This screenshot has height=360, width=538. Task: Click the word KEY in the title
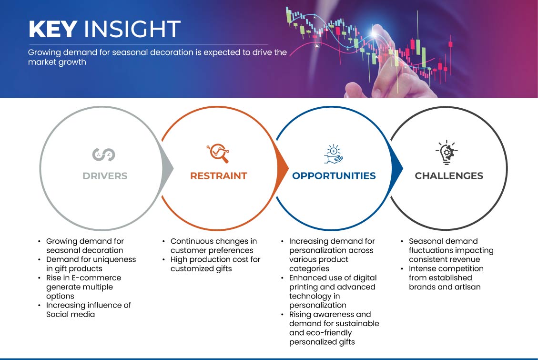click(52, 29)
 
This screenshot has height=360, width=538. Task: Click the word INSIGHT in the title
click(132, 29)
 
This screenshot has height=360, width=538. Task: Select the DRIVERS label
click(105, 176)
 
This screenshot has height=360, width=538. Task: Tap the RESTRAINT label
click(219, 176)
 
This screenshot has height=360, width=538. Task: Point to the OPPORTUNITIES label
click(334, 176)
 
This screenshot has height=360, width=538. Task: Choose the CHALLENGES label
click(449, 176)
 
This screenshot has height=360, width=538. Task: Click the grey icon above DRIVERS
click(103, 154)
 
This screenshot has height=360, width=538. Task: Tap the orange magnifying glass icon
click(218, 153)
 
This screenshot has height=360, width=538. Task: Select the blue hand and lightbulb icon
click(334, 154)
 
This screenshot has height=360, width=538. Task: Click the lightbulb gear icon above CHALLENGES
click(447, 153)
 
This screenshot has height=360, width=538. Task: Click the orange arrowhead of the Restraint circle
click(283, 168)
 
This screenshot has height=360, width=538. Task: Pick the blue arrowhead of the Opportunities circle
click(397, 168)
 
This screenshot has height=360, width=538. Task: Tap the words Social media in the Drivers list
click(71, 314)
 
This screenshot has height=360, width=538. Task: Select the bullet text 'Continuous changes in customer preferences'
click(213, 246)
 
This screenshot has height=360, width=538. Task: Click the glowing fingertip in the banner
click(375, 33)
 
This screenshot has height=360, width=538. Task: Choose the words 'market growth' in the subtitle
click(57, 62)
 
